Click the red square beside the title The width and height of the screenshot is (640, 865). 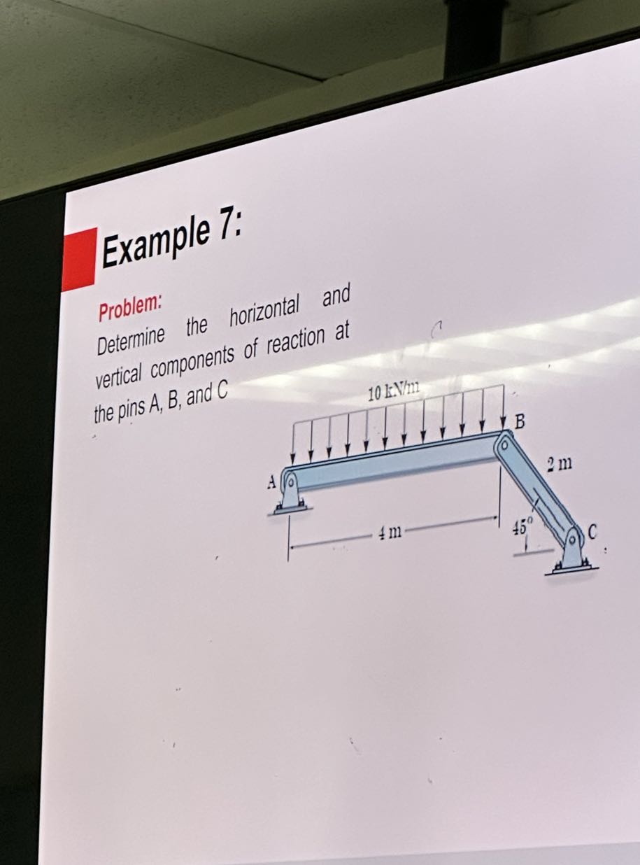(79, 258)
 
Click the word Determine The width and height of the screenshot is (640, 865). (131, 338)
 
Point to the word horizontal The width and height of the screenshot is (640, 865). (264, 315)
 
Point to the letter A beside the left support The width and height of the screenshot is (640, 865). (271, 482)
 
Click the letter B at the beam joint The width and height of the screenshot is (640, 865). (519, 421)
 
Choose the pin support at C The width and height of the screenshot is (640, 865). (573, 552)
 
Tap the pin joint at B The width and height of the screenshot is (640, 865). (502, 442)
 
